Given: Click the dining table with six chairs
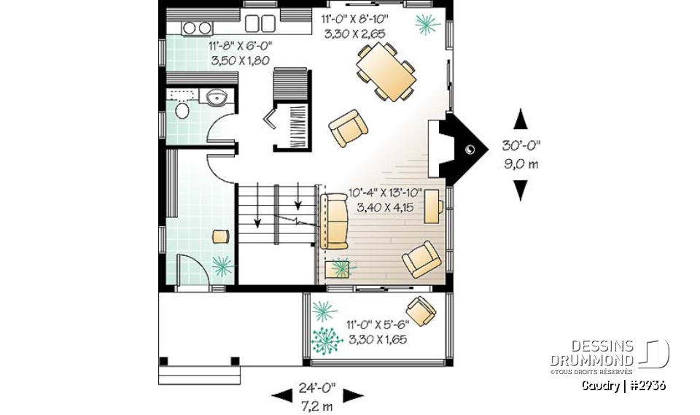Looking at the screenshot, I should pos(386,71).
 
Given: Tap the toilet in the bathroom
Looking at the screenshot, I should pos(182,110).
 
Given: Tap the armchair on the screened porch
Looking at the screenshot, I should pos(421,309).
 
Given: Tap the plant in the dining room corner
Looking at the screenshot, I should pos(427,25).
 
